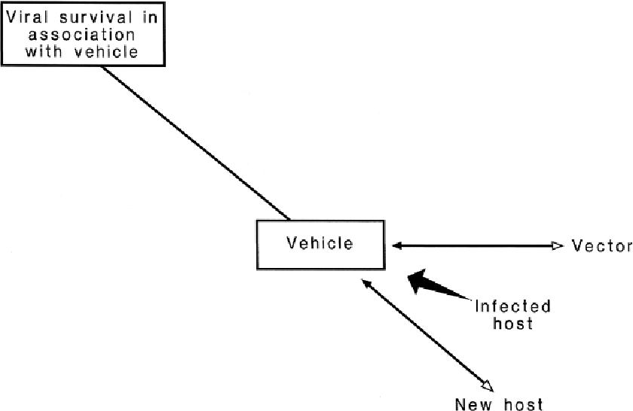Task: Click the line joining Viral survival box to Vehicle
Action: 196,142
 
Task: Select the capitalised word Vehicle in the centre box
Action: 319,243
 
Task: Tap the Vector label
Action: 601,245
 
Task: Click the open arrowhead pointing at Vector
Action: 557,245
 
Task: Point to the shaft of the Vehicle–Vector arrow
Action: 475,245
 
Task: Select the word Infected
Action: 512,306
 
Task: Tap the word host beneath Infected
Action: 512,324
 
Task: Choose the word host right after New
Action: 523,404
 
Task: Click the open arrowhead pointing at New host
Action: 487,385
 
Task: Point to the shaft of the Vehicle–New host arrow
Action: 426,335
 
